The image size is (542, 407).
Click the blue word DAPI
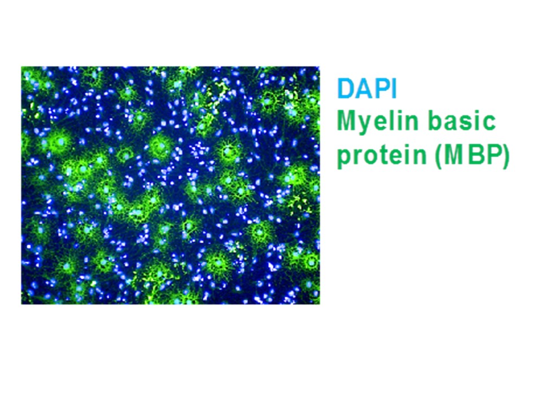[x=368, y=89]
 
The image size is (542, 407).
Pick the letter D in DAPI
[x=346, y=89]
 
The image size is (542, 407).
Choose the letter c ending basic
[x=489, y=122]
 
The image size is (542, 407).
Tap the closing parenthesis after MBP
[x=505, y=155]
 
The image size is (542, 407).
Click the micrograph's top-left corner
[x=21, y=67]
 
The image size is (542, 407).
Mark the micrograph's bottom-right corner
[x=320, y=304]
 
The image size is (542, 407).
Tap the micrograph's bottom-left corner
[x=21, y=304]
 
